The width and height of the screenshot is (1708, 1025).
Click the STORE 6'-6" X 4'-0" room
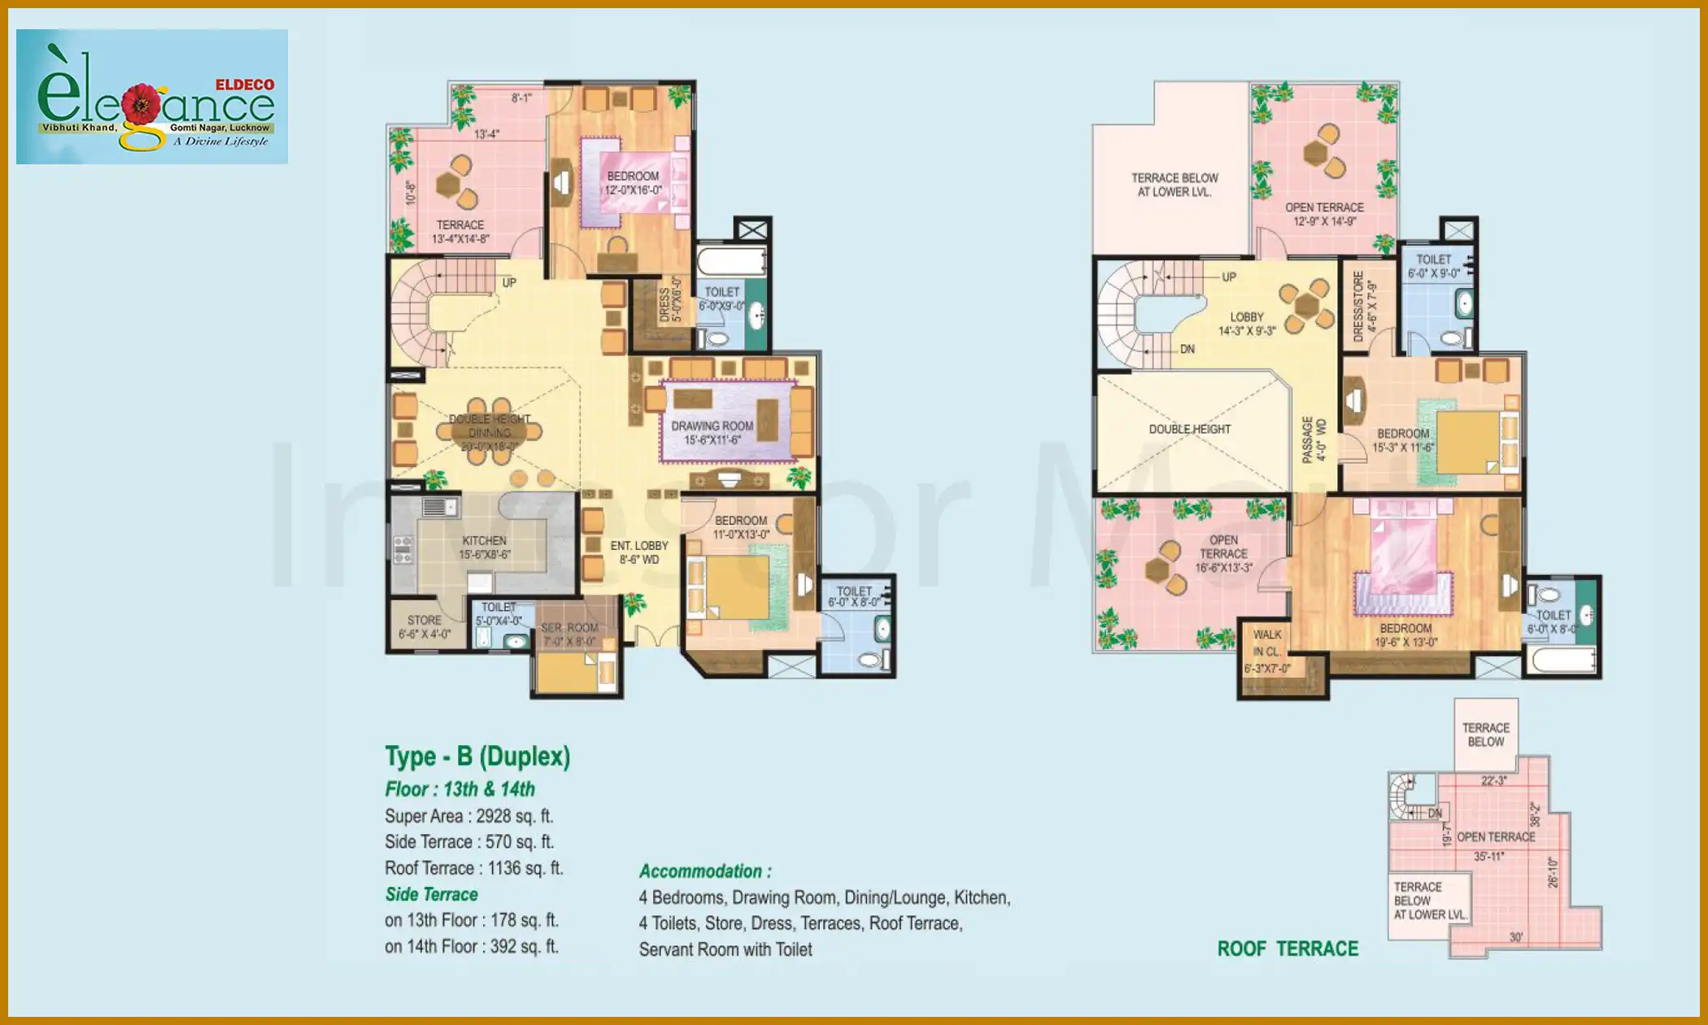click(424, 626)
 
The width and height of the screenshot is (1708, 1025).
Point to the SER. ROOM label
click(569, 628)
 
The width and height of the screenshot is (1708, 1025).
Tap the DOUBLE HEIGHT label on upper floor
click(1189, 430)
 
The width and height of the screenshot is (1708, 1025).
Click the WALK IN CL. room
click(1266, 651)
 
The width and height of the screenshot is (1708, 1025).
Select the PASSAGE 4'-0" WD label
click(1314, 439)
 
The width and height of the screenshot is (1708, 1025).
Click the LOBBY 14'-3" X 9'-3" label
click(1247, 324)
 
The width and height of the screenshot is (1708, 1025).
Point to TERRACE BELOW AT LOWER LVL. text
click(1174, 185)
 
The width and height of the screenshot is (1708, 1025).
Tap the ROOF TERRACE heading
click(1288, 949)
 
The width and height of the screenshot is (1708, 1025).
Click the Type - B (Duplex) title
click(477, 757)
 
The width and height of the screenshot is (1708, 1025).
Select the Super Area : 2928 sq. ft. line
click(468, 816)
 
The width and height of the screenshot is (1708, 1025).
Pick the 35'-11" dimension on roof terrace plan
click(1489, 857)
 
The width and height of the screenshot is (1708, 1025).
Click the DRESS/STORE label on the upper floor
click(1357, 306)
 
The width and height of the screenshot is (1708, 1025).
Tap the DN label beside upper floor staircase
click(1187, 349)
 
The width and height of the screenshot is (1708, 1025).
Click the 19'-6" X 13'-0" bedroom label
click(1405, 635)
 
